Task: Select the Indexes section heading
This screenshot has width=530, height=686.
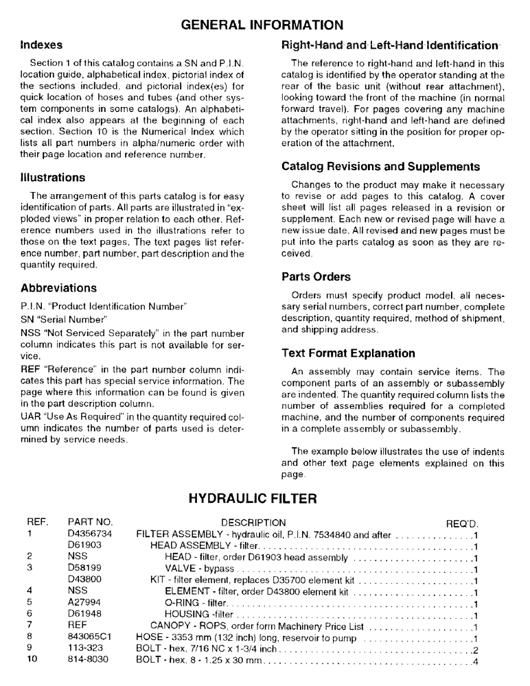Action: click(41, 45)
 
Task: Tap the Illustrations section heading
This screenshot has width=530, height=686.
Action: click(53, 178)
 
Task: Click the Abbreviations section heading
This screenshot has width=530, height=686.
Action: click(58, 288)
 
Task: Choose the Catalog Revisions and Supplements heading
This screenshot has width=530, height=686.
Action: click(380, 167)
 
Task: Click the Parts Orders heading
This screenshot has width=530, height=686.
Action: click(316, 277)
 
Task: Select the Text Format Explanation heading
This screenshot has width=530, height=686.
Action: click(348, 353)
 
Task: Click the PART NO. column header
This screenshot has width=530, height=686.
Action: click(90, 523)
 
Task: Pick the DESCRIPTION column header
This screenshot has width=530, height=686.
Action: click(253, 523)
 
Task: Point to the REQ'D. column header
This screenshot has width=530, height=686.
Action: click(461, 523)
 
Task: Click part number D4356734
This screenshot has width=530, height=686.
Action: click(90, 534)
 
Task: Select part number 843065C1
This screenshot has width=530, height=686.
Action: click(89, 637)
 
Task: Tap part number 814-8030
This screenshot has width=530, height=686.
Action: click(88, 660)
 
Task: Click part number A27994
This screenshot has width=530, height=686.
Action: click(84, 603)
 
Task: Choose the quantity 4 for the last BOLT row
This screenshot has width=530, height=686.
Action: click(475, 661)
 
